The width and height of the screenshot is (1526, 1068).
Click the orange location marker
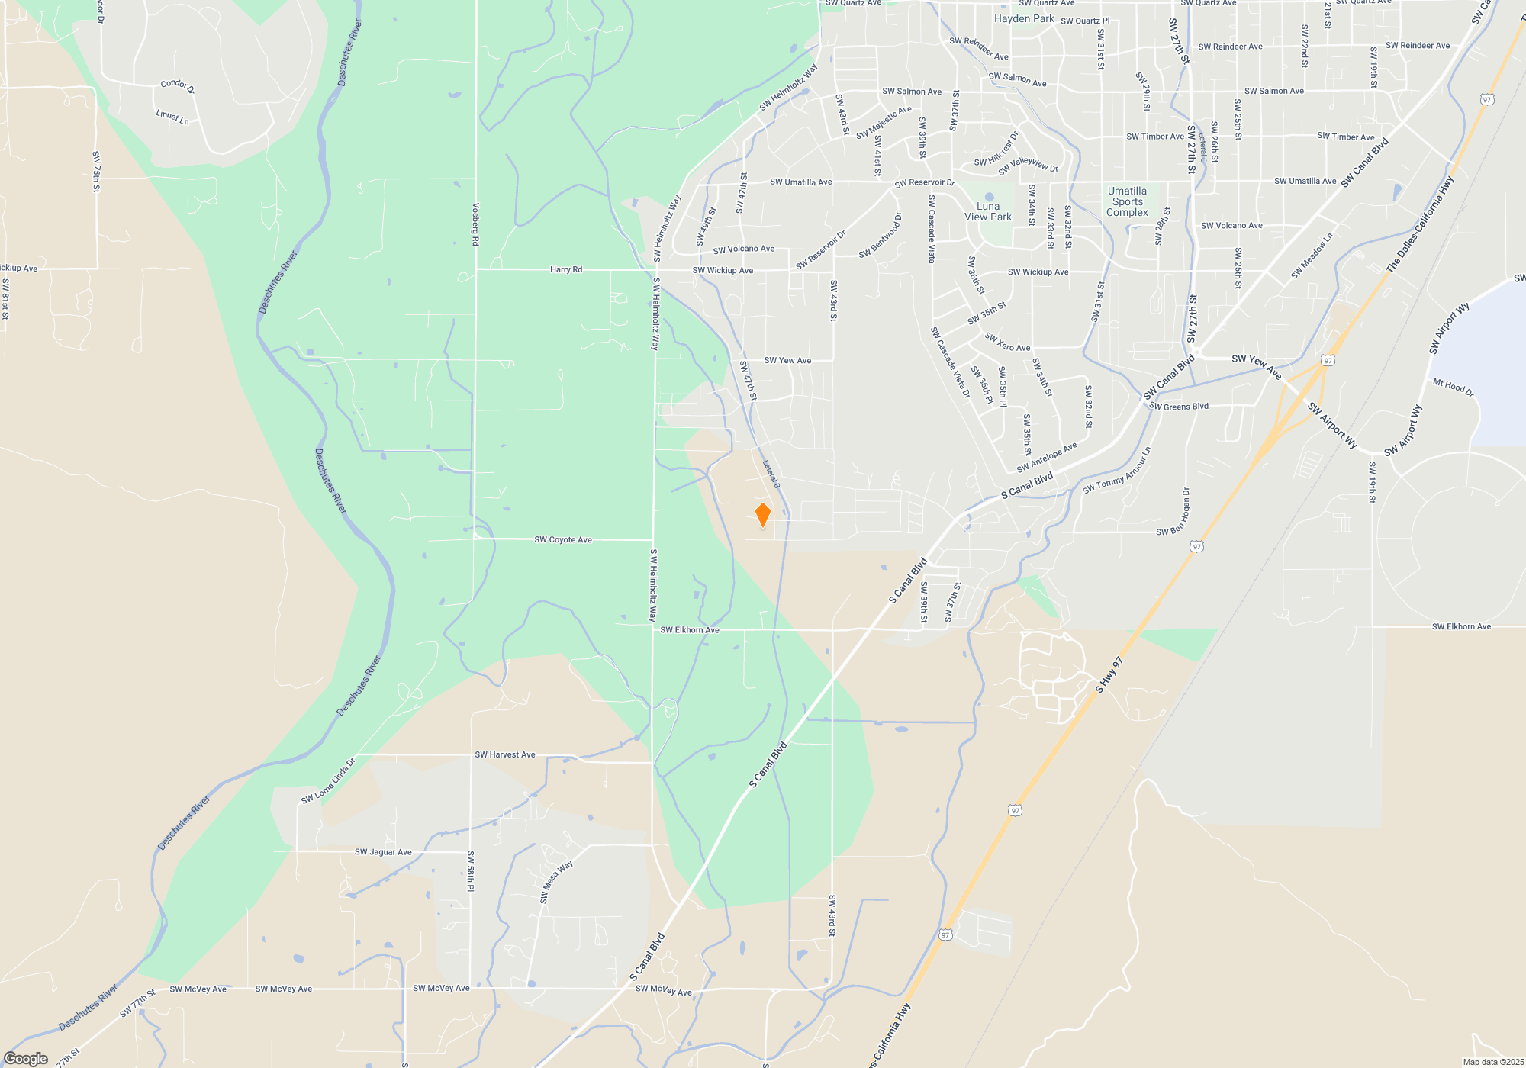[762, 515]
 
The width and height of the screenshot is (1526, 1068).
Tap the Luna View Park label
[988, 211]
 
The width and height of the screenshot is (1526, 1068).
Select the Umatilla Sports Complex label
[1127, 202]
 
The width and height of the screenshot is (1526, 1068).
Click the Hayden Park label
[1024, 18]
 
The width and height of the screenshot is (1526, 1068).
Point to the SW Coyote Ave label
[563, 540]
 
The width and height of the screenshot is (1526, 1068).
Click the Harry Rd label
[566, 270]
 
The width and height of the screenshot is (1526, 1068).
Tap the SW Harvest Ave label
[505, 755]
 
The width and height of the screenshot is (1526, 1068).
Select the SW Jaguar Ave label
[383, 852]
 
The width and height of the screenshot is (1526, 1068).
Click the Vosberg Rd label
[475, 224]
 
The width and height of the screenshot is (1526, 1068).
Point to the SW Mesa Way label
[556, 882]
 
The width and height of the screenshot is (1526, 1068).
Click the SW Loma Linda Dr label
[328, 781]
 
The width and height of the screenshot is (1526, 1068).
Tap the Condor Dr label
[178, 87]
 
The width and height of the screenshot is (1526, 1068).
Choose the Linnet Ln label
[172, 117]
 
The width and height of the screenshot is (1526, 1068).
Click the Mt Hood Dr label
[1454, 387]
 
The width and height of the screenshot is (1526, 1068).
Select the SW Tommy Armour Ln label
[1116, 471]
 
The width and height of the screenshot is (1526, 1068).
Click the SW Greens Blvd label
[1179, 407]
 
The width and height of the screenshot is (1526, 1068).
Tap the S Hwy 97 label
[1109, 675]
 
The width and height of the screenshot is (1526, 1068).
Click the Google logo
[26, 1059]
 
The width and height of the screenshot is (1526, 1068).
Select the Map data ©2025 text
[1493, 1062]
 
